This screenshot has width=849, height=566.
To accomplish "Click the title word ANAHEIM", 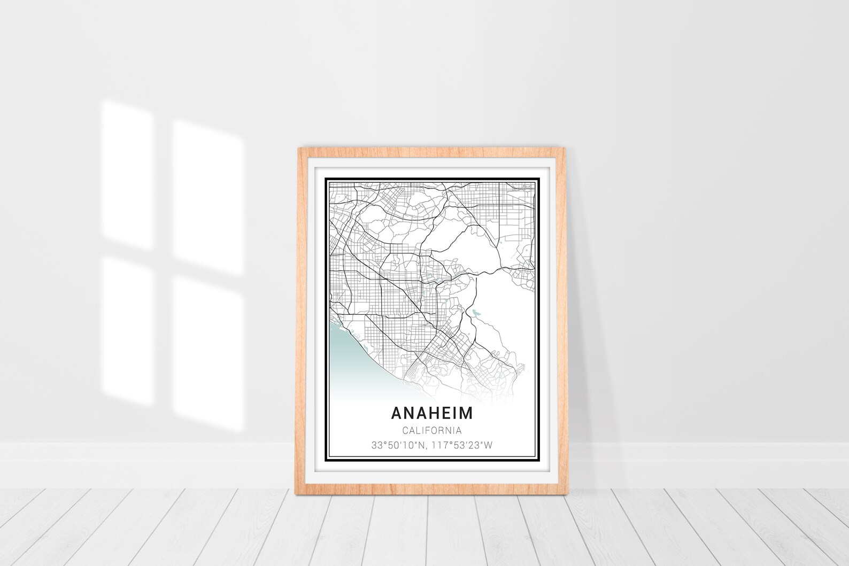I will tap(431, 413).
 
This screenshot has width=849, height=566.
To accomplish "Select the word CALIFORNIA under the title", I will tap(431, 430).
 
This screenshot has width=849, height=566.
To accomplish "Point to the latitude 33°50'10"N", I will tap(395, 445).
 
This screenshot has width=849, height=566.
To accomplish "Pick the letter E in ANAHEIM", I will tap(442, 413).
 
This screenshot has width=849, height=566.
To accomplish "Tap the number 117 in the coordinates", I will tap(433, 445).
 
